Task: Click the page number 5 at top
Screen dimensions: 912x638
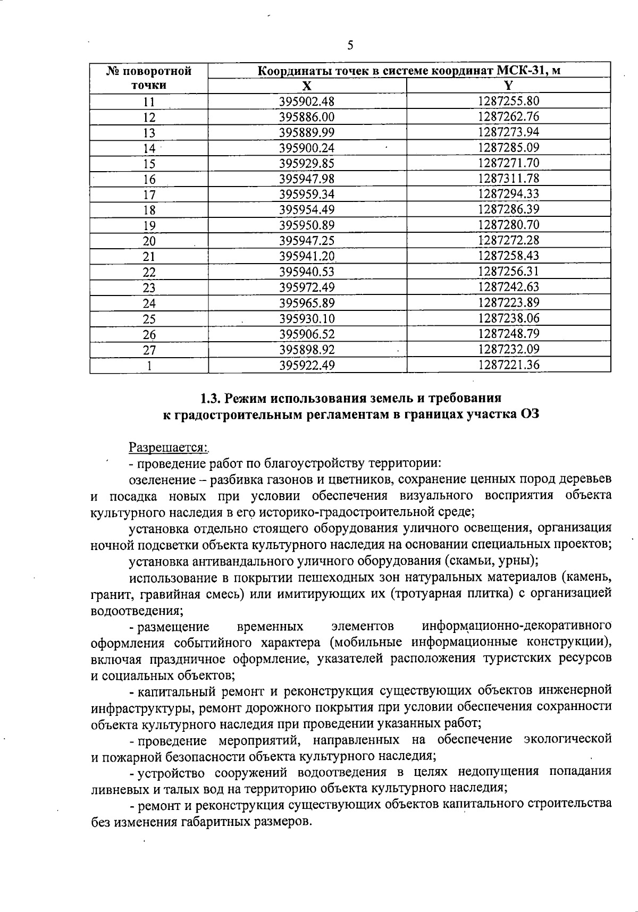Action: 350,45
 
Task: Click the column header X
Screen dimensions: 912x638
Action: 307,86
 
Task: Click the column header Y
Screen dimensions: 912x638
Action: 508,86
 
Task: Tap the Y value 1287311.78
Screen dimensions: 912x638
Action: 508,179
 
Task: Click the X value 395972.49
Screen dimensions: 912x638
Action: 307,288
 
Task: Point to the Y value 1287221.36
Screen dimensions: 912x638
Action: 508,365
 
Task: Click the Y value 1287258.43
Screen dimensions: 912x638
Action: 508,256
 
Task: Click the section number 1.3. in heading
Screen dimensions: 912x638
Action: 211,398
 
